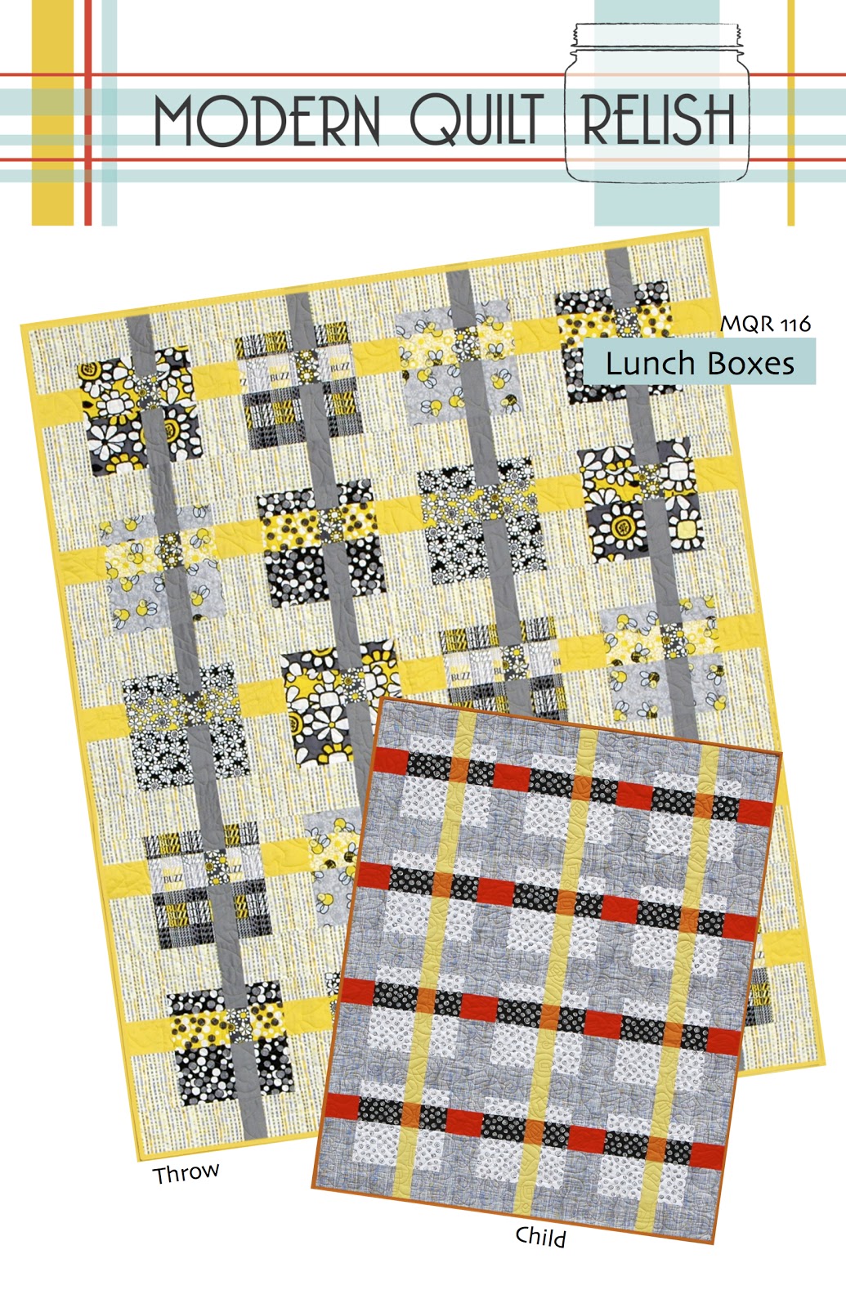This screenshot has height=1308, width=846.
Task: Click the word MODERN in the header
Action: [267, 120]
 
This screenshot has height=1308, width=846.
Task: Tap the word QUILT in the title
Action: [477, 120]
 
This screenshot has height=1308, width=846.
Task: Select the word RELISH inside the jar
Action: [659, 119]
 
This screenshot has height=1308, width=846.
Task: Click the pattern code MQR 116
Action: [765, 324]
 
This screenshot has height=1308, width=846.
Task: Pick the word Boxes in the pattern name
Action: [750, 363]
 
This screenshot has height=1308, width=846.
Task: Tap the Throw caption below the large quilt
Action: [186, 1173]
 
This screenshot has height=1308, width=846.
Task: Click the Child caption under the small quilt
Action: [540, 1236]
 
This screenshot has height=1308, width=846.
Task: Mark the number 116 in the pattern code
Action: [795, 325]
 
